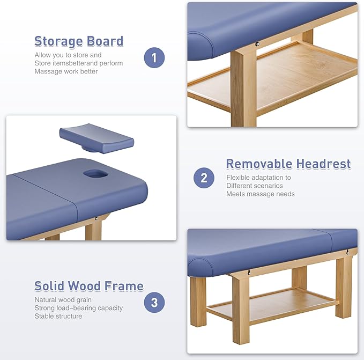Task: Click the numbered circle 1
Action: tap(154, 58)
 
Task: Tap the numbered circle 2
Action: tap(204, 178)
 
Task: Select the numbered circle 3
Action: tap(154, 302)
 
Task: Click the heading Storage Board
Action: tap(79, 41)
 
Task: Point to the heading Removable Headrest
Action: tap(288, 164)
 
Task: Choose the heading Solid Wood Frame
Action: tap(89, 286)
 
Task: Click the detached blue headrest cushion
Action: tap(96, 138)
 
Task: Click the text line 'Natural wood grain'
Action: tap(63, 300)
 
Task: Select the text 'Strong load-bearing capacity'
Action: tap(79, 308)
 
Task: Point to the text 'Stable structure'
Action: tap(58, 316)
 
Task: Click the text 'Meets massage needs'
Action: tap(261, 194)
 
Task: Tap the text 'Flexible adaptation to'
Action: tap(258, 178)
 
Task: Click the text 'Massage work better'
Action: tap(66, 71)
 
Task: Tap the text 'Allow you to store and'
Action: tap(68, 55)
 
